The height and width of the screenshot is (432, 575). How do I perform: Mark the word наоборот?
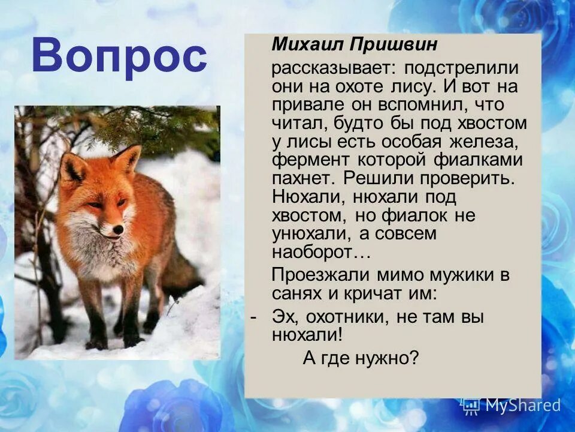[320, 253]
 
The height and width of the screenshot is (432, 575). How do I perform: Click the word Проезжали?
[322, 275]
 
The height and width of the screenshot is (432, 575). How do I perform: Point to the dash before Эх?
[255, 317]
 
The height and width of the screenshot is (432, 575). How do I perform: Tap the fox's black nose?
[119, 229]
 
